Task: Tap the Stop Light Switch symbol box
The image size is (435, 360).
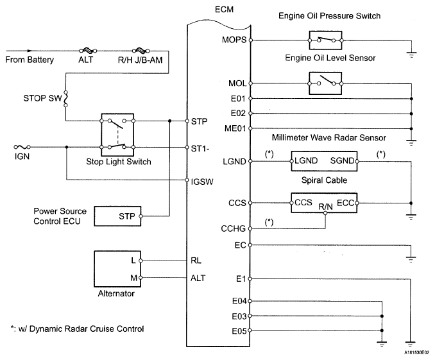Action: coord(117,133)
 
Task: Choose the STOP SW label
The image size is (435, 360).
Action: coord(41,99)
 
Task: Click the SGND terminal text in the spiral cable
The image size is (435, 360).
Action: coord(344,160)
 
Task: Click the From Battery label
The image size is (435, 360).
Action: coord(29,60)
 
